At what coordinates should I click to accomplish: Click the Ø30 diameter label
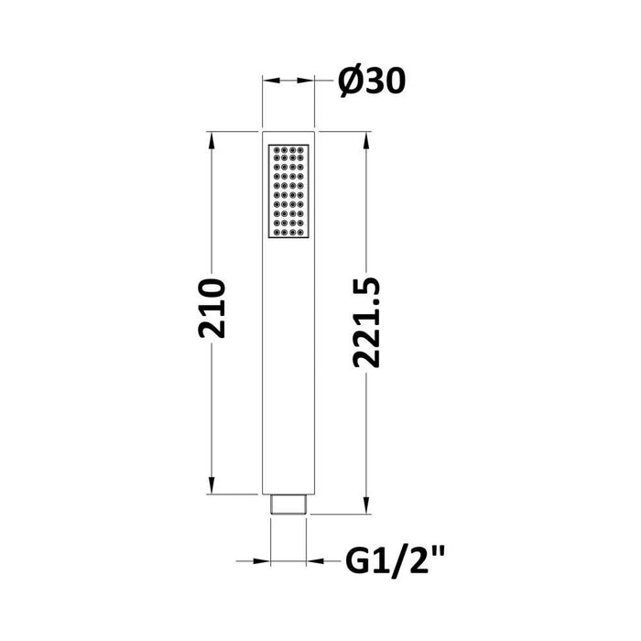click(372, 81)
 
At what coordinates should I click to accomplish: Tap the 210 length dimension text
click(212, 309)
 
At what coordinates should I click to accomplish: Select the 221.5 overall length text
click(366, 323)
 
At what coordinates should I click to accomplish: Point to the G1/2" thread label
click(395, 561)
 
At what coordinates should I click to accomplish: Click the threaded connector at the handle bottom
click(288, 504)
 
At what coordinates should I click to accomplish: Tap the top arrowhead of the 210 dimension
click(212, 141)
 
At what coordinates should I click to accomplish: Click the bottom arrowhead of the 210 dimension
click(212, 484)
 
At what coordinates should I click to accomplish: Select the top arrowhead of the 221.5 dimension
click(366, 141)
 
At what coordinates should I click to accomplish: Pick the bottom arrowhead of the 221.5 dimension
click(366, 505)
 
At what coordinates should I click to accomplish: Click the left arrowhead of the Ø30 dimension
click(271, 81)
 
